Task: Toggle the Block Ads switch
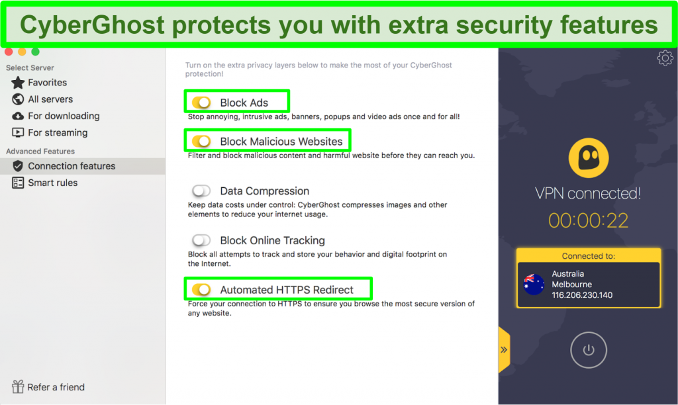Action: [x=201, y=103]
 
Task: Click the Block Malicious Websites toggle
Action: [x=201, y=142]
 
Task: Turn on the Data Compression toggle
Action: [x=201, y=191]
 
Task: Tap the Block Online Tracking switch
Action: [x=201, y=240]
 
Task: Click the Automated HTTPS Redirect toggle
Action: [x=201, y=290]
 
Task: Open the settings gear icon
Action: [x=665, y=58]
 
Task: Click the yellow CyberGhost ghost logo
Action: [x=589, y=157]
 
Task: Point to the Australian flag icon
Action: [x=534, y=285]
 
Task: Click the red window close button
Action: [x=9, y=52]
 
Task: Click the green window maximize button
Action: [x=36, y=52]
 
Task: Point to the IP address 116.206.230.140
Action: [x=582, y=295]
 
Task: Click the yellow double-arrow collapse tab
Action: [x=504, y=349]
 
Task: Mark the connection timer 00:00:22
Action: [x=588, y=221]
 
